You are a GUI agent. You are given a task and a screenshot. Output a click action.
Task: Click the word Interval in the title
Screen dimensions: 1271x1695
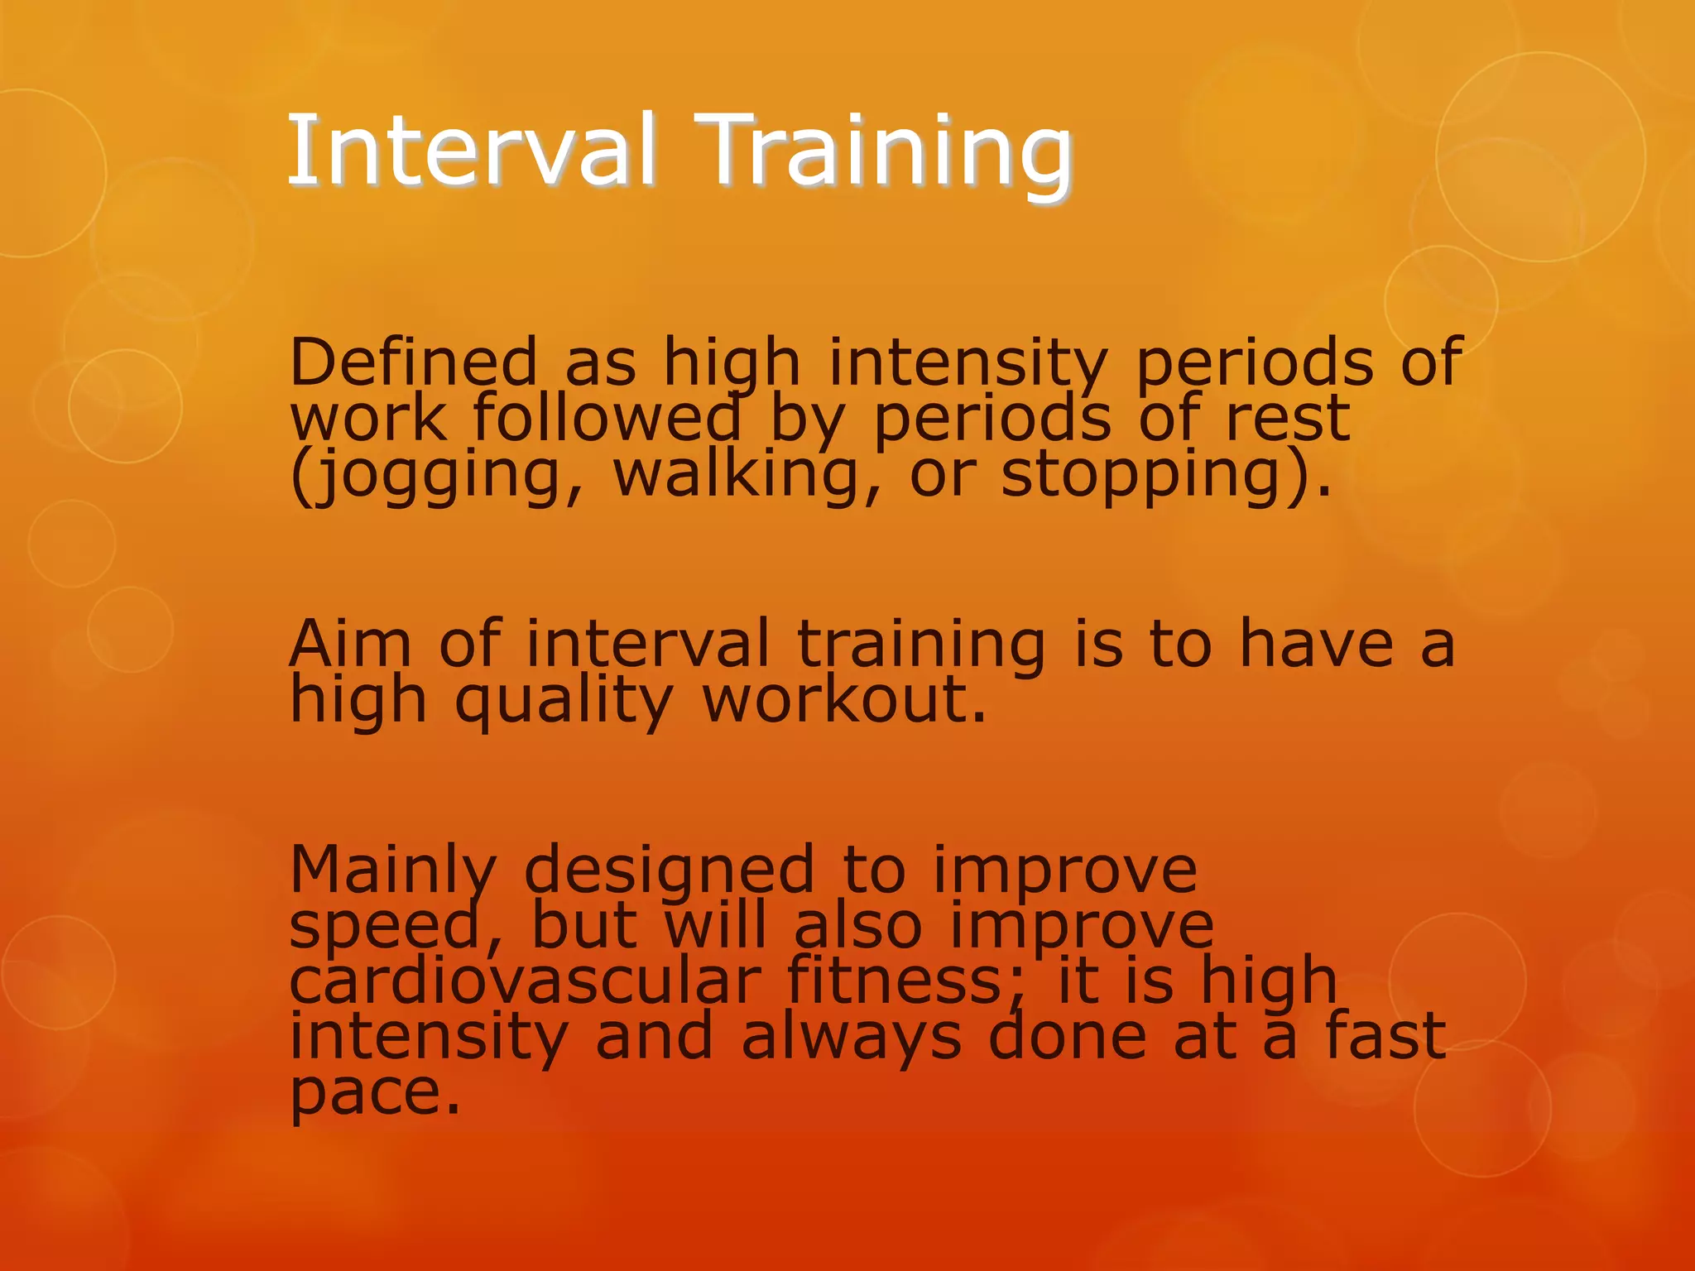(472, 151)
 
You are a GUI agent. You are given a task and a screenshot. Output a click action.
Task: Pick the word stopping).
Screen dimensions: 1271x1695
(1166, 475)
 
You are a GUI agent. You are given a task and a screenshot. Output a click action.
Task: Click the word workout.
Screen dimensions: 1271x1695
(844, 700)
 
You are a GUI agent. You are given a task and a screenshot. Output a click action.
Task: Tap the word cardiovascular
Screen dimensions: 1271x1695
(525, 981)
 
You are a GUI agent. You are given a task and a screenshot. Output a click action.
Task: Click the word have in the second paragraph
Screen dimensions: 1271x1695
(1316, 644)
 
